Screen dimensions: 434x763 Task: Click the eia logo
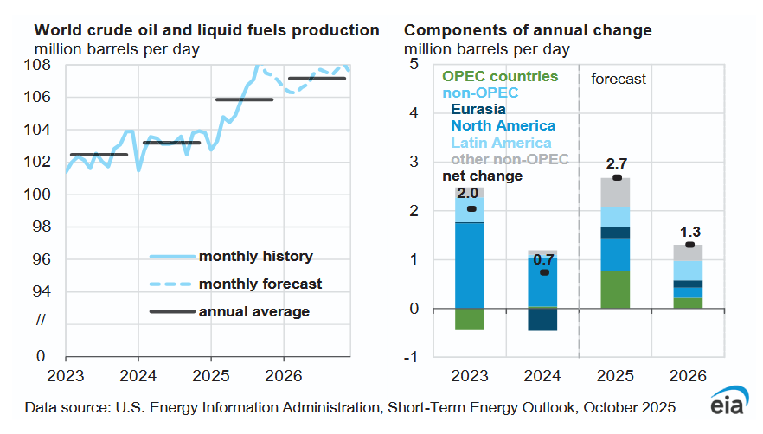(x=728, y=406)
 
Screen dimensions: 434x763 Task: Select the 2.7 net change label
(x=615, y=162)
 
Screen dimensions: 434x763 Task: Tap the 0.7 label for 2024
(x=542, y=257)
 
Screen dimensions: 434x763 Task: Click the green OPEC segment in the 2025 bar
(x=615, y=290)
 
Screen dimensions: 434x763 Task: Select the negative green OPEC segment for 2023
(x=469, y=319)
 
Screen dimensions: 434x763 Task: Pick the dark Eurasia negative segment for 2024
(x=542, y=319)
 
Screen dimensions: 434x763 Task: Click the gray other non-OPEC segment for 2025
(x=615, y=192)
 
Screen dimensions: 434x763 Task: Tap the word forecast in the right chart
(x=619, y=79)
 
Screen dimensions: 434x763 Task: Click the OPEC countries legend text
(x=499, y=76)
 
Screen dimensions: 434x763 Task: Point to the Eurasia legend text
(x=478, y=110)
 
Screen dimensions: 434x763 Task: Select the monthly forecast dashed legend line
(x=170, y=284)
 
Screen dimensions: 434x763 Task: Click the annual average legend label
(x=253, y=310)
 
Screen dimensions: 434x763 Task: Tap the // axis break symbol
(x=41, y=322)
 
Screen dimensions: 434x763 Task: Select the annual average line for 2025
(x=244, y=99)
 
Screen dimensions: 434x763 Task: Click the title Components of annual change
(x=528, y=30)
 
